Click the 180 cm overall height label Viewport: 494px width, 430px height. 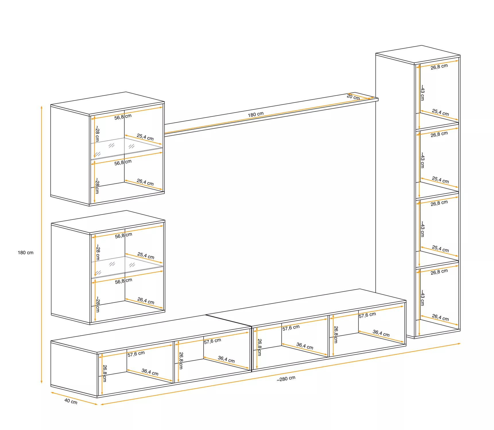26,253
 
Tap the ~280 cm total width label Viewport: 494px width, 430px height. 286,379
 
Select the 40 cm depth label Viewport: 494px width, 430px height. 71,401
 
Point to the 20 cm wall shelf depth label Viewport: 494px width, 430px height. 353,97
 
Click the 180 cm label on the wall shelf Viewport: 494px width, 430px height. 256,114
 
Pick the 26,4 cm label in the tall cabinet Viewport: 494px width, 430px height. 440,317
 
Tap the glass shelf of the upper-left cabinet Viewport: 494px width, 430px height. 127,148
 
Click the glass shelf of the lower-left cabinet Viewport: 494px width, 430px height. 127,267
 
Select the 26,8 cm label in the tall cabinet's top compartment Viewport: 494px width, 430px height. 439,67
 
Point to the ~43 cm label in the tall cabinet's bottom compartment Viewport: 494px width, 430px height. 422,298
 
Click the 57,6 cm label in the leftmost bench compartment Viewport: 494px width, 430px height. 136,354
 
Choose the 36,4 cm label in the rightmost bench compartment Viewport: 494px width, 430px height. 381,333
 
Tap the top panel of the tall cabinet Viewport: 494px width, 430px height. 418,54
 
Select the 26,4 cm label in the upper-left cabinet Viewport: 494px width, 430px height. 145,182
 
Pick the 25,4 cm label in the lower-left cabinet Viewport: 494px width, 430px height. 146,256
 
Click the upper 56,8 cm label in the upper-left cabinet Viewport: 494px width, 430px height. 123,117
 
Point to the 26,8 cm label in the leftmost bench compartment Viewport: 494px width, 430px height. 105,373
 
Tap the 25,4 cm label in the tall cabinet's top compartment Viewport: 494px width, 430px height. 440,112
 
